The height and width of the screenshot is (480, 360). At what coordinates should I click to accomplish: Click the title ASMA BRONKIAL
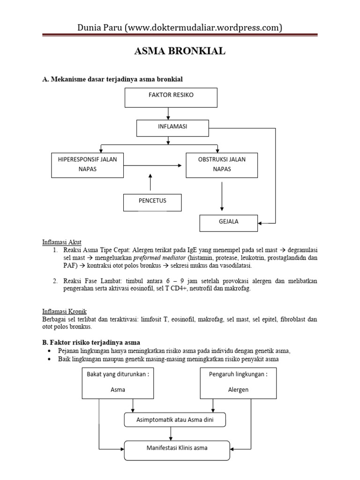tap(180, 51)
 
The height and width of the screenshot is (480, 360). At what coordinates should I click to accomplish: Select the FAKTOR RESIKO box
tap(171, 97)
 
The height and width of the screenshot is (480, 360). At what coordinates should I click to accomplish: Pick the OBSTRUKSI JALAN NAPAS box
tap(222, 164)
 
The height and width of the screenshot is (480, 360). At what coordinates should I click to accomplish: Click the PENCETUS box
tap(152, 202)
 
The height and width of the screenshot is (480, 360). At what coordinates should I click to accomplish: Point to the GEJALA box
tap(228, 223)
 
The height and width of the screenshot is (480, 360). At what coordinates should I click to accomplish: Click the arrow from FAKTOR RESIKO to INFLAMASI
tap(168, 113)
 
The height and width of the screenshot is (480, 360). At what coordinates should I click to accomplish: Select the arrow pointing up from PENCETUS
tap(150, 182)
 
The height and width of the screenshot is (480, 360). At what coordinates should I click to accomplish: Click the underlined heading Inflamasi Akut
tap(62, 242)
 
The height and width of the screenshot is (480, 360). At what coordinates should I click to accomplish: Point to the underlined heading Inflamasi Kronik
tap(64, 311)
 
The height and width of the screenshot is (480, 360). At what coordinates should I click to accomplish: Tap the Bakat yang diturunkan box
tap(118, 382)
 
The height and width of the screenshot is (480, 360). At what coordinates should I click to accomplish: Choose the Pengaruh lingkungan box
tap(238, 382)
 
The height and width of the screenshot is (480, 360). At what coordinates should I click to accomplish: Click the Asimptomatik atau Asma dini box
tap(175, 420)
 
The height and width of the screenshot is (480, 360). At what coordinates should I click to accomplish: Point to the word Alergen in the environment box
tap(238, 390)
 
